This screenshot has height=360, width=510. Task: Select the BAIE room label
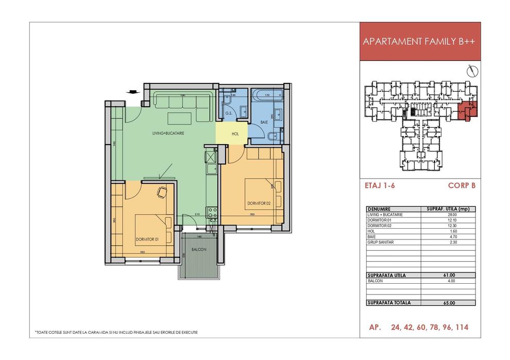pos(264,123)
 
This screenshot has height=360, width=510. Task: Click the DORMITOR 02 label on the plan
pos(256,203)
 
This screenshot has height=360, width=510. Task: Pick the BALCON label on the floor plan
pos(199,249)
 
